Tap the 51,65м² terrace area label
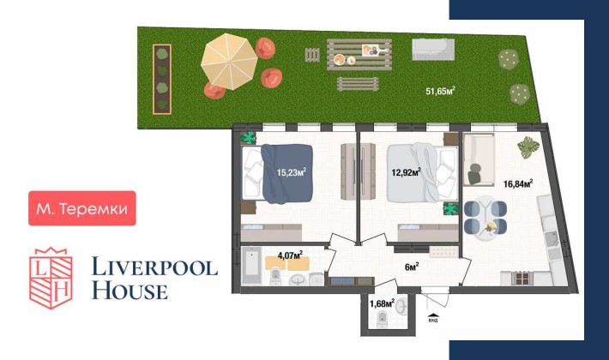(440, 90)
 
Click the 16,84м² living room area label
(518, 183)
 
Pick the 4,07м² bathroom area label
(292, 254)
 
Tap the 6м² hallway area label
(412, 266)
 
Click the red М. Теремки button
(82, 208)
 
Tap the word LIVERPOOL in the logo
(154, 267)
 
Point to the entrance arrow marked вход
(432, 314)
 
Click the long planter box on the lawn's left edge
(161, 78)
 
